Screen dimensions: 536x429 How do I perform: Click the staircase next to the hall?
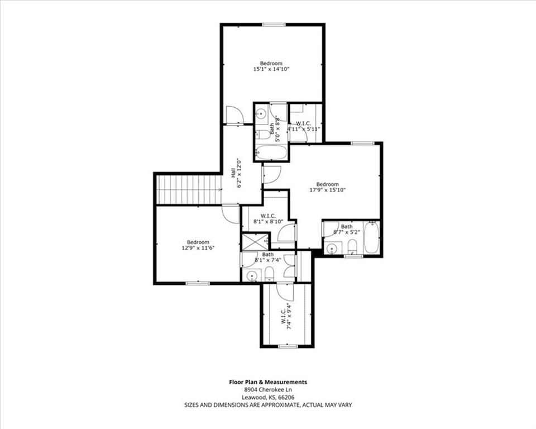tap(188, 189)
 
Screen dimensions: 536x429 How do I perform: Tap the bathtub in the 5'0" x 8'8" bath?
tap(271, 152)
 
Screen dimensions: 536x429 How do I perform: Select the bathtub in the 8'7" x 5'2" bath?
tap(371, 237)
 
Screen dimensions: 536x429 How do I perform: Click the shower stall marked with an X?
tap(256, 241)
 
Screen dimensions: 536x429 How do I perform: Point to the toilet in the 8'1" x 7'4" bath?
tap(269, 274)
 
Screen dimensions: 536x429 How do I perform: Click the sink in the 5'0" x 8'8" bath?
tap(262, 113)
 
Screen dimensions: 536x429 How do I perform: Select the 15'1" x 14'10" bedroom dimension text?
tap(271, 69)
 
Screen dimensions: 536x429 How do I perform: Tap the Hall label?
tap(233, 173)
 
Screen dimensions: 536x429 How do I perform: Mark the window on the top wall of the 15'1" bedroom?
tap(274, 24)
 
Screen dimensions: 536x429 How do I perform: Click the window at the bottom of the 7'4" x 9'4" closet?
tap(288, 346)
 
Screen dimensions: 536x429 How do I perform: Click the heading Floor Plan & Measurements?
tap(268, 382)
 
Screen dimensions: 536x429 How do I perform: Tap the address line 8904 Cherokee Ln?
tap(268, 390)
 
